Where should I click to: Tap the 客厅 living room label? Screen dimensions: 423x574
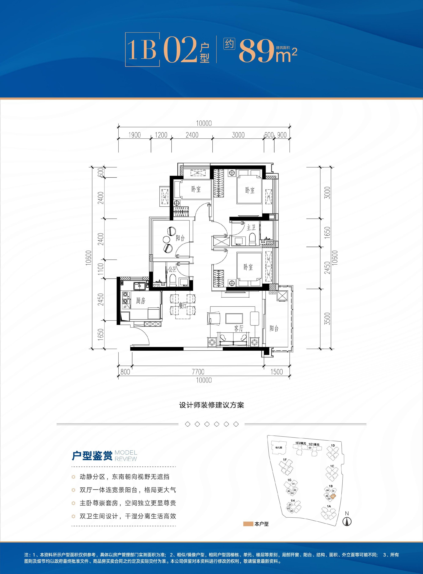click(239, 328)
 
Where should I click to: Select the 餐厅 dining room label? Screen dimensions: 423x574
click(183, 305)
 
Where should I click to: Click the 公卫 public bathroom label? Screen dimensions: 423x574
click(172, 269)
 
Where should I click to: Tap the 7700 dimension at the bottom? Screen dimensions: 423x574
click(198, 372)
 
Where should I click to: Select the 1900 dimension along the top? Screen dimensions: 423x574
click(135, 135)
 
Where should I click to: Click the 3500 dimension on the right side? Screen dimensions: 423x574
click(327, 319)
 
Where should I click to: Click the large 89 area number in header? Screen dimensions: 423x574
click(257, 51)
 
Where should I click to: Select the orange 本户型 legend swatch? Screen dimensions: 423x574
click(248, 524)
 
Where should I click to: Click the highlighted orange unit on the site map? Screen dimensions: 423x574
click(333, 496)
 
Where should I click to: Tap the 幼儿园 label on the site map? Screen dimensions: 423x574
click(279, 448)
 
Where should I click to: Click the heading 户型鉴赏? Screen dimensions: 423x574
click(92, 456)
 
